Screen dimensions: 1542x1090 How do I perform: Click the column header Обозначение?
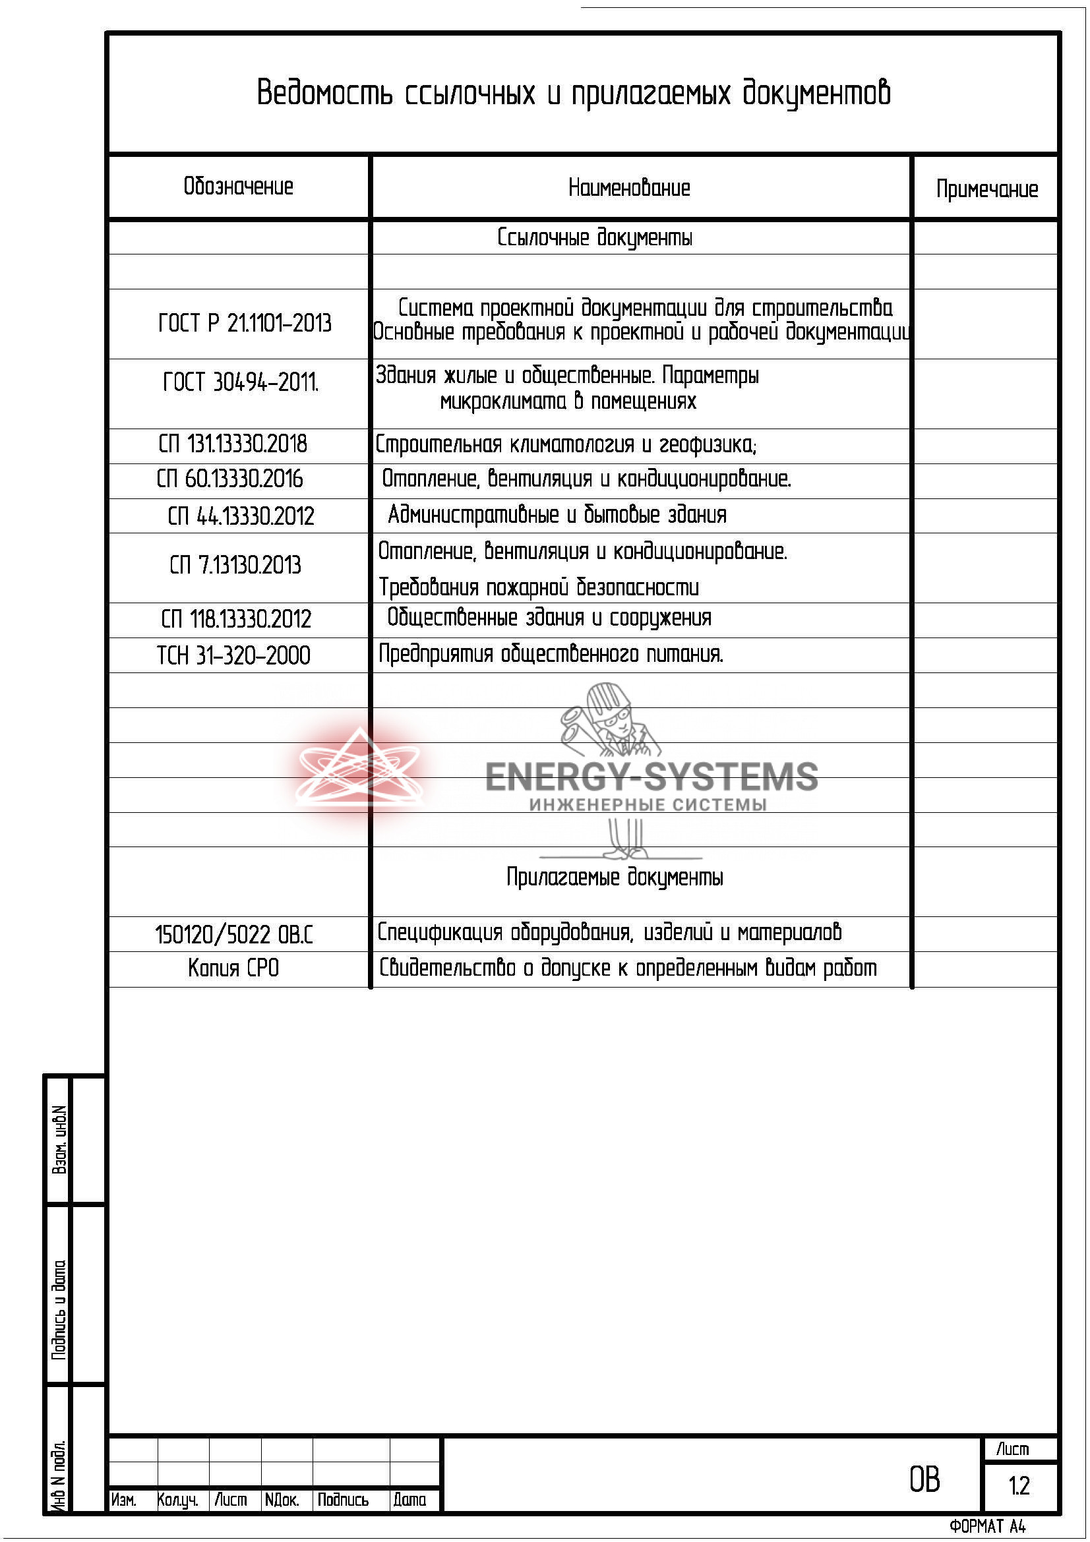[x=239, y=186]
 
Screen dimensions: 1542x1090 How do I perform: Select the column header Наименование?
[x=628, y=187]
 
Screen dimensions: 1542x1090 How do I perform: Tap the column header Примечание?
[x=986, y=189]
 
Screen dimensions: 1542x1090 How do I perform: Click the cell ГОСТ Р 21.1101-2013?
[x=245, y=323]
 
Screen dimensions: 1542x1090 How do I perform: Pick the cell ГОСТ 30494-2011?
[x=241, y=382]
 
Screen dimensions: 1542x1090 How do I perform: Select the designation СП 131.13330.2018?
[x=232, y=444]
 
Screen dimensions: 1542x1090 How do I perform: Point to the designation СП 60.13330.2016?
[x=229, y=479]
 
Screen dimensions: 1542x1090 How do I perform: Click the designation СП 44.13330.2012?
[x=241, y=516]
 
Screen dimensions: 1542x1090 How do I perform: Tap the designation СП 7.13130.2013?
[x=235, y=565]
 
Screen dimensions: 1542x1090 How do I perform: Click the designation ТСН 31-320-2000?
[x=233, y=655]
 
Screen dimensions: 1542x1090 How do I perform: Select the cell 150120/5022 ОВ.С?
[x=233, y=934]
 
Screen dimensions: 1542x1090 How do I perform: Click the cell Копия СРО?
[x=233, y=968]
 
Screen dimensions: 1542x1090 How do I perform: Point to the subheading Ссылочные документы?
[x=594, y=237]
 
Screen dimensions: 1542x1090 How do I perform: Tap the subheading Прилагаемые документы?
[x=615, y=877]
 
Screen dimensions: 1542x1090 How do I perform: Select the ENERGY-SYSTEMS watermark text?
[x=651, y=777]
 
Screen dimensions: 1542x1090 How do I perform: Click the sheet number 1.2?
[x=1018, y=1485]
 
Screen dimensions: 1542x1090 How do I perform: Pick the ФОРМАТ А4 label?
[x=987, y=1527]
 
